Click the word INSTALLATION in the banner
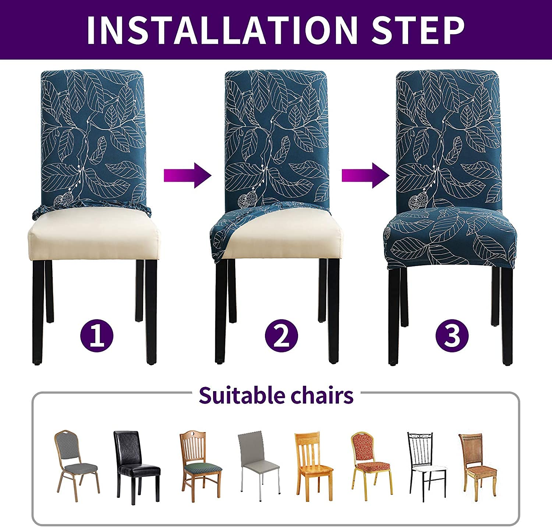point(222,30)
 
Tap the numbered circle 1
point(97,336)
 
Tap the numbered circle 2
point(282,336)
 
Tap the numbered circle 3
point(452,336)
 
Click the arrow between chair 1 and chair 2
point(188,175)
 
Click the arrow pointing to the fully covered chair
point(365,175)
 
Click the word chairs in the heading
point(322,396)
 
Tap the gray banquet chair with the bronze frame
point(77,466)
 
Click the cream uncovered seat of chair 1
point(94,236)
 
